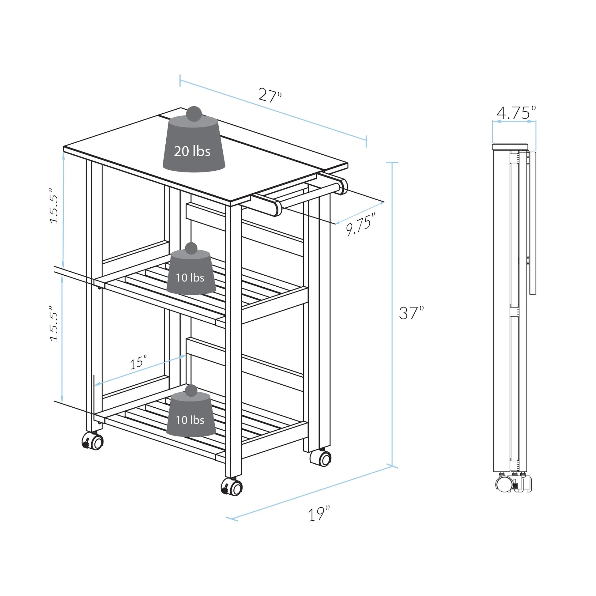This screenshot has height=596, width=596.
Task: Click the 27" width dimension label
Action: (x=270, y=95)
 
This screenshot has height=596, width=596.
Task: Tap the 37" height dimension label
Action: (x=411, y=313)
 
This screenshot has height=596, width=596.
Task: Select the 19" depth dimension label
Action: (x=319, y=514)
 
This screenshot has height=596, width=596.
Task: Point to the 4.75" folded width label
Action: (x=516, y=113)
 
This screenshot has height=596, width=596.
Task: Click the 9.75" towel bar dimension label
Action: (x=360, y=224)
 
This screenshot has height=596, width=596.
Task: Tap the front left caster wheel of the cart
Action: (x=93, y=441)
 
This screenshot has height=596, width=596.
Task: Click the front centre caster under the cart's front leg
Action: (x=232, y=487)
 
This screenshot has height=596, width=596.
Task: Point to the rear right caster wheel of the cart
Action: (x=321, y=458)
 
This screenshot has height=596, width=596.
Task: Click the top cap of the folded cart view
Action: (x=510, y=147)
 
